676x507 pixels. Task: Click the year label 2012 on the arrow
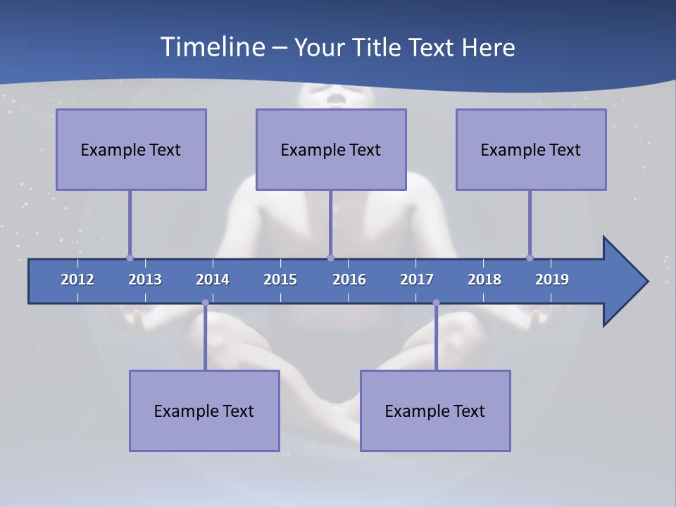(x=77, y=280)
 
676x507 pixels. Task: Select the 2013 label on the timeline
(x=145, y=280)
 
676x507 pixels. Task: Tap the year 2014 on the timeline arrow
(x=213, y=280)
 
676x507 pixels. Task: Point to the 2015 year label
(x=280, y=280)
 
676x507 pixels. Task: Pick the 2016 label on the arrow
(x=349, y=280)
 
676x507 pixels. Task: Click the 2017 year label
(x=417, y=280)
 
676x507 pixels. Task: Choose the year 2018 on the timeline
(x=484, y=280)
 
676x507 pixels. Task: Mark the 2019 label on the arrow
(x=552, y=280)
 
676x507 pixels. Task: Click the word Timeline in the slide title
(x=211, y=47)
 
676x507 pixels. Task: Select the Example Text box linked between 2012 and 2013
(x=131, y=149)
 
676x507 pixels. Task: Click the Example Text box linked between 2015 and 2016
(x=331, y=149)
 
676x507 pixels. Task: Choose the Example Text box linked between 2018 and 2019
(x=531, y=149)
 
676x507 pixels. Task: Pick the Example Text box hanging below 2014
(x=204, y=411)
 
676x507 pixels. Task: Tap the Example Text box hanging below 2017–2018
(x=435, y=411)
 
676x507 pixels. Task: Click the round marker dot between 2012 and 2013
(x=130, y=258)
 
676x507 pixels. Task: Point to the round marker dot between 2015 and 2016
(x=331, y=258)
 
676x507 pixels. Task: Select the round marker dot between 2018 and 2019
(x=530, y=258)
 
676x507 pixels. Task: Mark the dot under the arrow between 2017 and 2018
(x=436, y=303)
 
